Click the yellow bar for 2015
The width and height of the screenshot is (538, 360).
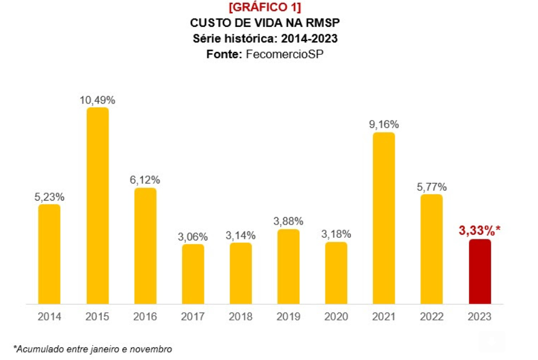click(x=98, y=206)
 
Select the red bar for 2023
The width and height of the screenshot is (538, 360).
click(x=480, y=271)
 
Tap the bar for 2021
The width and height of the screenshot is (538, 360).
click(x=384, y=218)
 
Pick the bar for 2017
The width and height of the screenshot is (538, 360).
click(x=193, y=274)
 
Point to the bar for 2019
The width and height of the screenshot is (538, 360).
click(x=288, y=267)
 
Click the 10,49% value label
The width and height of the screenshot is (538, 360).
click(x=98, y=100)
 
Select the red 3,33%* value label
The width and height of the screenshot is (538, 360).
click(x=480, y=231)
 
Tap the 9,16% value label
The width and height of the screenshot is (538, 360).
click(x=384, y=125)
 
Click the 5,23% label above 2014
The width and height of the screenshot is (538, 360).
click(x=49, y=197)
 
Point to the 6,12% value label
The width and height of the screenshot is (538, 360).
click(x=145, y=180)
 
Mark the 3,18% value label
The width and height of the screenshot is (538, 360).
click(x=336, y=234)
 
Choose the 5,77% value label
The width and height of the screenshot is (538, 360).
click(x=432, y=187)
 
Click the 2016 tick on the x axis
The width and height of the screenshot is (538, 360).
click(x=145, y=316)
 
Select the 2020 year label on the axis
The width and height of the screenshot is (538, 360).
click(x=336, y=316)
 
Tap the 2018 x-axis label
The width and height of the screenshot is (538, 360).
click(x=240, y=316)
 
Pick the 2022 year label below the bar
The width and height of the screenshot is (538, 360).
click(x=432, y=316)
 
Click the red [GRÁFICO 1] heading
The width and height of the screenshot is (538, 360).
click(x=264, y=7)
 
